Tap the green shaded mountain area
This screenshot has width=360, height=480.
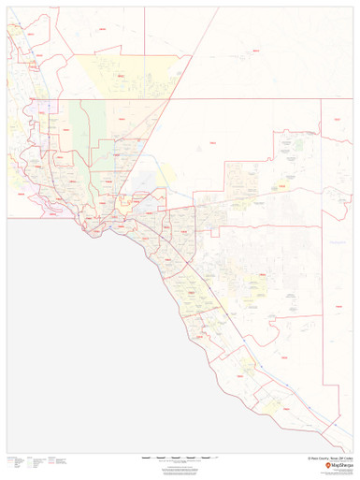(x=80, y=131)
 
